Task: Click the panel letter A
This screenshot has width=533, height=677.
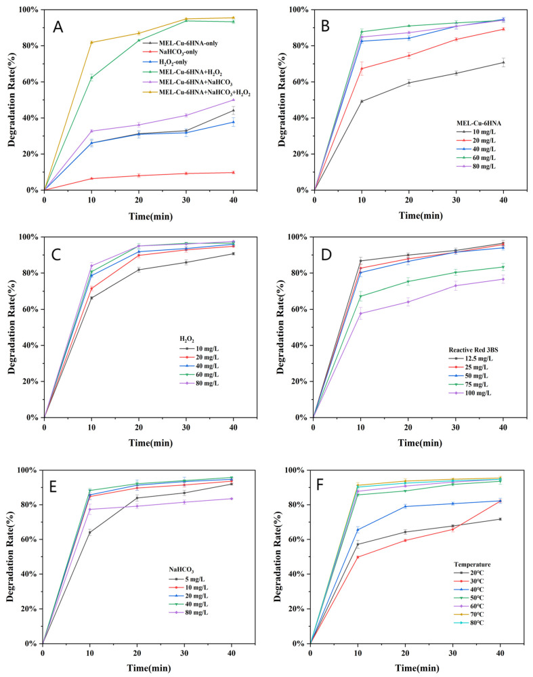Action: coord(58,27)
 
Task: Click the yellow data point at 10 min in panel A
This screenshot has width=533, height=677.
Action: coord(91,42)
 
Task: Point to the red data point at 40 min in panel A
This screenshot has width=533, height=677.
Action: coord(234,173)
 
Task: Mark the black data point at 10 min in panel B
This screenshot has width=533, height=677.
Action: coord(362,102)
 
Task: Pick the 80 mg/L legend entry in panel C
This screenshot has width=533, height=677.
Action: coord(199,383)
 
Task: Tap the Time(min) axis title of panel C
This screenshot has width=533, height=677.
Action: coord(150,443)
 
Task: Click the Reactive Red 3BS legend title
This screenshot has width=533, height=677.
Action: coord(473,350)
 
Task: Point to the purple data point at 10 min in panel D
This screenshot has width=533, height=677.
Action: coord(361,314)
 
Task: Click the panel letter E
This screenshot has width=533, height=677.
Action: coord(53,487)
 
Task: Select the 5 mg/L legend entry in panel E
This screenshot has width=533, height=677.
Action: coord(187,579)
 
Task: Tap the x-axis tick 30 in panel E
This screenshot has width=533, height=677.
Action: coord(184,653)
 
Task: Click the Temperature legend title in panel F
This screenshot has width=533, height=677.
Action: coord(472,565)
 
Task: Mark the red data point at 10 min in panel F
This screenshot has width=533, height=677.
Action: coord(358,557)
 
